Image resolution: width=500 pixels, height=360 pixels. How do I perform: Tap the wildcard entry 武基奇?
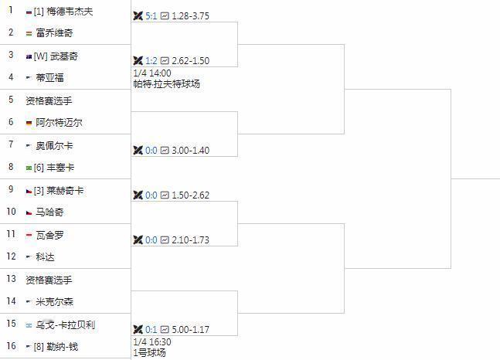(x=64, y=56)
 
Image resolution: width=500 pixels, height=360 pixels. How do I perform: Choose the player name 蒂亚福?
(x=49, y=77)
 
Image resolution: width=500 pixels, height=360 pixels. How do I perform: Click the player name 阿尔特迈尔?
(x=60, y=122)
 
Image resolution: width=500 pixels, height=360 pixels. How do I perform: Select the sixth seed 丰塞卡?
(x=61, y=167)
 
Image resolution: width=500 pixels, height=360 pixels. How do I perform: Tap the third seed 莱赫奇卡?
(x=65, y=190)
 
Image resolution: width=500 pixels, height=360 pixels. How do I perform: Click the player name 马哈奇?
(x=49, y=212)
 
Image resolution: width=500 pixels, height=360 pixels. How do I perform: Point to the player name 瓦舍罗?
(x=49, y=234)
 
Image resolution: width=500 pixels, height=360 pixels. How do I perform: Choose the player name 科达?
(x=45, y=256)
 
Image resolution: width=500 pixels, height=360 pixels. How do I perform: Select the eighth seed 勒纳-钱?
(x=62, y=346)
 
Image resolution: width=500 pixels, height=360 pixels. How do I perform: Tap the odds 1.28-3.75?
(x=190, y=16)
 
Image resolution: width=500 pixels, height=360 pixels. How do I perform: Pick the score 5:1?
(x=151, y=16)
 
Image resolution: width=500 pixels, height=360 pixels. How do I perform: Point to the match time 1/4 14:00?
(x=152, y=73)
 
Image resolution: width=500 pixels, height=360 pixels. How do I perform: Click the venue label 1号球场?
(x=149, y=353)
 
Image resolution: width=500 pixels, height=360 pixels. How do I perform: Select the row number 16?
(x=11, y=346)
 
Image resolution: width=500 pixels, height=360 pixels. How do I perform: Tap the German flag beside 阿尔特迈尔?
(x=29, y=123)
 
